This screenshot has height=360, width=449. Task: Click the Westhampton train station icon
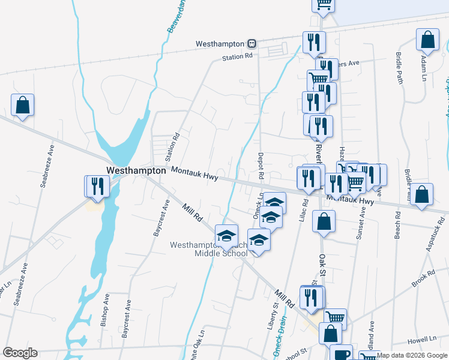coord(253,44)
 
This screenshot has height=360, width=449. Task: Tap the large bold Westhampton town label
coord(136,170)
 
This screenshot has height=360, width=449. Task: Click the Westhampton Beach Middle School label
coord(208,249)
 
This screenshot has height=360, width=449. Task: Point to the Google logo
coord(20,353)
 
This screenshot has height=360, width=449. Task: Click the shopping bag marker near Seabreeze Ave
coord(22,105)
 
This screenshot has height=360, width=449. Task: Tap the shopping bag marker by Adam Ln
coord(427,40)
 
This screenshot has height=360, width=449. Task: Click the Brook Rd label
coord(423,279)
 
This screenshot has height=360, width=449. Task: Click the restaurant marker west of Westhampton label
coord(97,186)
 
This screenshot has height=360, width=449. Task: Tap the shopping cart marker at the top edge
coord(323,4)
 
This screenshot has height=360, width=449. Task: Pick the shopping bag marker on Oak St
coord(324,221)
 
